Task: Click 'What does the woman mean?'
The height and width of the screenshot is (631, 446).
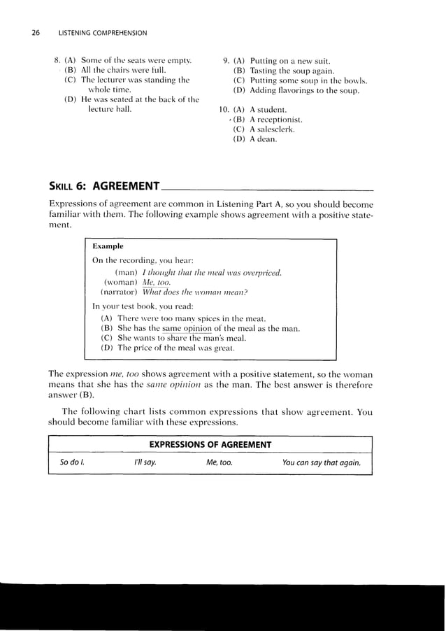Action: [195, 292]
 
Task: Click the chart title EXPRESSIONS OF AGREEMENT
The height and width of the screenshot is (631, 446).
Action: [210, 445]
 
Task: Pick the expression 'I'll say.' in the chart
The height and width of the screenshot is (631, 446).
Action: [145, 463]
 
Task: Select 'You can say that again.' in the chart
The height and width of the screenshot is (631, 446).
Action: [321, 463]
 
